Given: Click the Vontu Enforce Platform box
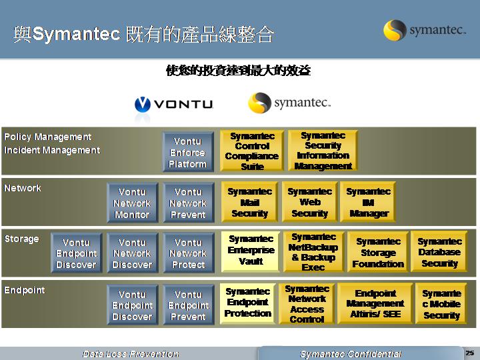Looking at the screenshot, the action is [188, 152].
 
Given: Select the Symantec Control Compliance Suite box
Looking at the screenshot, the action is [252, 151].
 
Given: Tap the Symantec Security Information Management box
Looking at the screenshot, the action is [323, 151].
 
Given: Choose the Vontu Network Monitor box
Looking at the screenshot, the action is [133, 203].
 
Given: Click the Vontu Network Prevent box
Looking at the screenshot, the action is [189, 203].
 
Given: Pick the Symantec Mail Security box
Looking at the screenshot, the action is [250, 202].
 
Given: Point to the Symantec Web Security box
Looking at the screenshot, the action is [310, 202].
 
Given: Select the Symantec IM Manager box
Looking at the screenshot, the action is [368, 202].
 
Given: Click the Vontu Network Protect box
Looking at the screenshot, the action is [189, 253].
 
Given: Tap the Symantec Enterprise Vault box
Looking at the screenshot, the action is [251, 251].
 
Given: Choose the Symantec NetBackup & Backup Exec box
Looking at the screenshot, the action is [313, 251].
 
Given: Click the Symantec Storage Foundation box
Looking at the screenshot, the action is [378, 251].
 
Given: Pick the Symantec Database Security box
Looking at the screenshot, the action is [439, 251].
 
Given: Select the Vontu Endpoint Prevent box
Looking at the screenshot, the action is [189, 305].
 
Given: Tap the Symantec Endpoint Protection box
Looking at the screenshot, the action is [248, 303].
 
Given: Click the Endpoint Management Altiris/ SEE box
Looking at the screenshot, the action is [375, 303].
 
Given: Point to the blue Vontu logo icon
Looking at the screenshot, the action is [143, 105].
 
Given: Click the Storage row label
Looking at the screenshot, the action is [22, 239].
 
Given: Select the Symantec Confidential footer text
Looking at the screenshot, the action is [351, 354].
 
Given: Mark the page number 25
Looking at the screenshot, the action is [470, 353].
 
